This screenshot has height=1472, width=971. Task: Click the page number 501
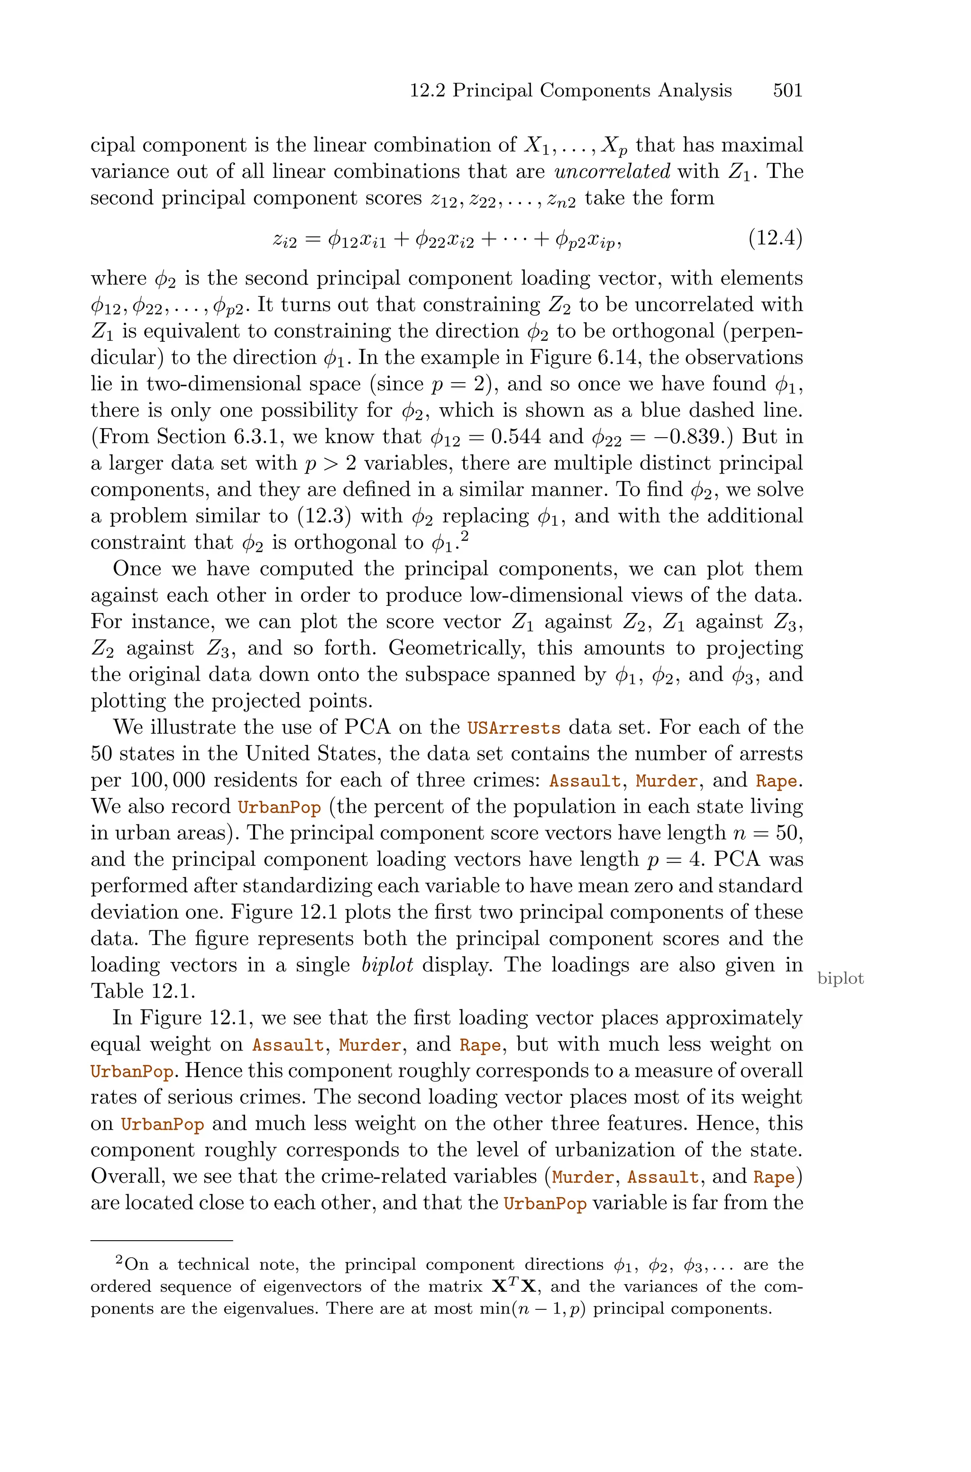click(787, 91)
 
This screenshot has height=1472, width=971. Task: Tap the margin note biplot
click(840, 978)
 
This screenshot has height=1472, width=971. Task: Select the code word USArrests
click(514, 728)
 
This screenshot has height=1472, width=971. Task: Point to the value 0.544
click(516, 437)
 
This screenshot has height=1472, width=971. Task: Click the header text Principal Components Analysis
click(592, 91)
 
